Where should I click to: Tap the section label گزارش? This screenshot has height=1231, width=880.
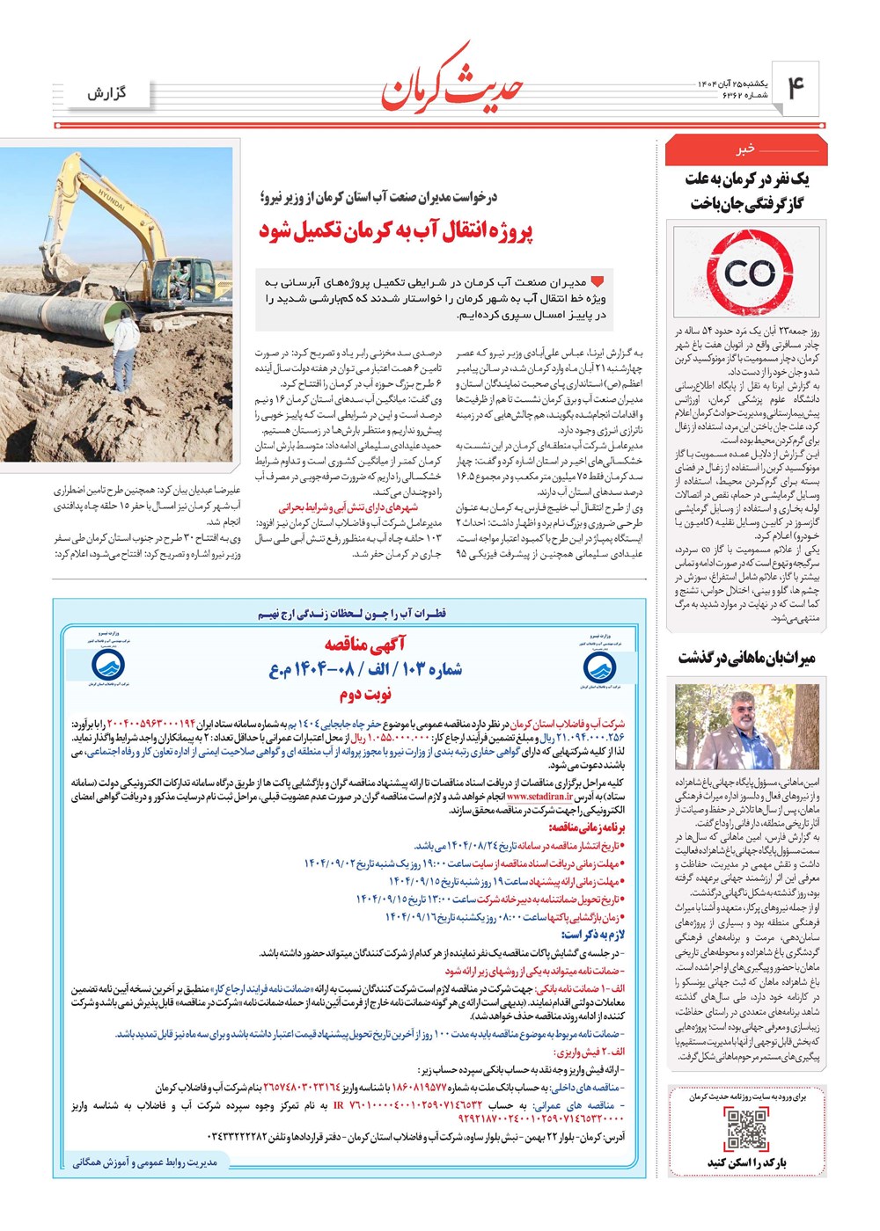106,93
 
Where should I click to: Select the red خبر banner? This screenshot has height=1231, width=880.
745,149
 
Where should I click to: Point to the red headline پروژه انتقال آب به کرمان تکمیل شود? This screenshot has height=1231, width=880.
396,231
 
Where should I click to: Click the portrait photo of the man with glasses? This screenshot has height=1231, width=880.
746,726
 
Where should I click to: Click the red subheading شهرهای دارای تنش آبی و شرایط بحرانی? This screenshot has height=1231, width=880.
348,507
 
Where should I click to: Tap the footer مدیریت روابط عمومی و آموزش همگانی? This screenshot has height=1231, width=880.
144,1162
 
